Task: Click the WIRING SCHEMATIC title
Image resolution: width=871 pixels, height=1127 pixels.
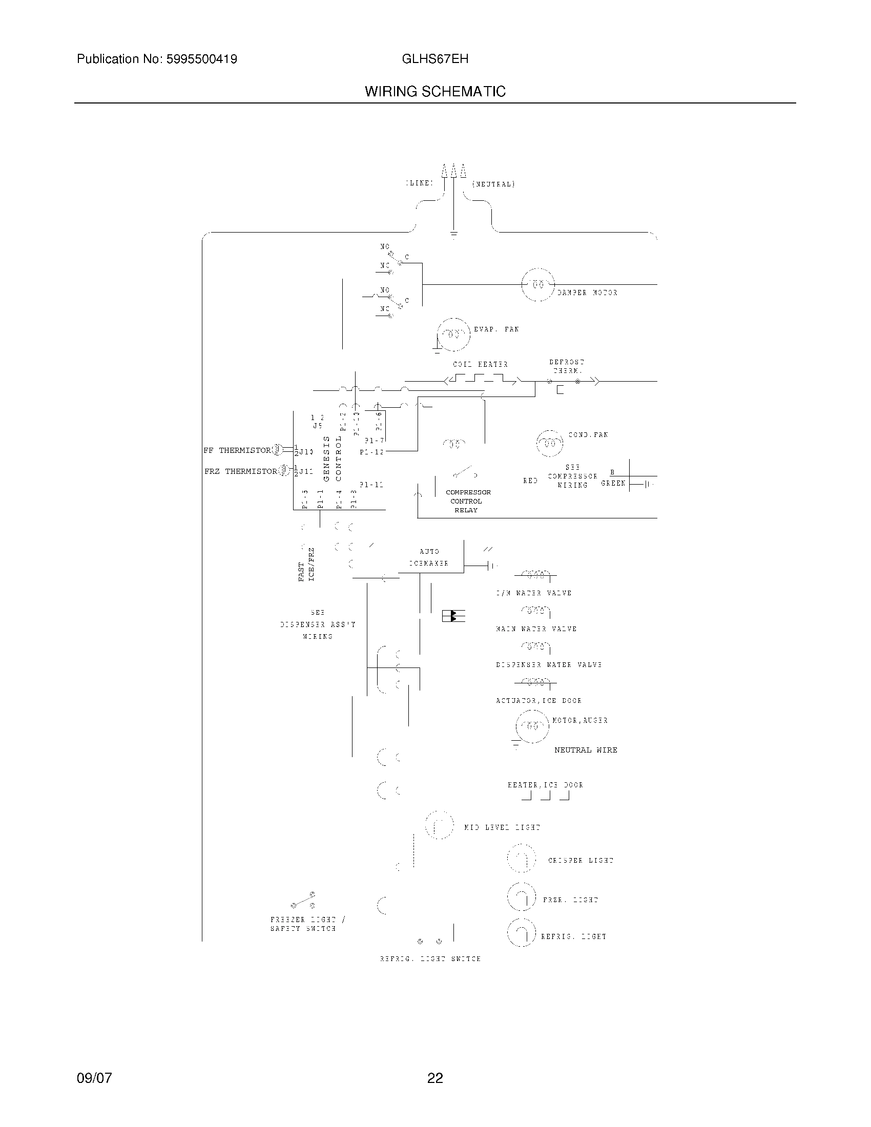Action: [x=435, y=91]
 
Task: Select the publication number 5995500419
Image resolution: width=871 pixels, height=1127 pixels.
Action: [x=201, y=59]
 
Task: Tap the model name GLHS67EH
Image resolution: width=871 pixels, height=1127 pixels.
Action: [x=435, y=59]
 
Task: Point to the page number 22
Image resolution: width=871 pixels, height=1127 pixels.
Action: [x=435, y=1078]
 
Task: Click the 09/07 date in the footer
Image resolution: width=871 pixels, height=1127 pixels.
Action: [x=94, y=1078]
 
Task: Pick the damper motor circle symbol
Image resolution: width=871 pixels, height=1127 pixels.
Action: [x=538, y=284]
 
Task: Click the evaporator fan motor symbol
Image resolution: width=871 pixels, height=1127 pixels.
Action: [x=453, y=335]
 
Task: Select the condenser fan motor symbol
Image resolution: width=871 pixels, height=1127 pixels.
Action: [x=550, y=443]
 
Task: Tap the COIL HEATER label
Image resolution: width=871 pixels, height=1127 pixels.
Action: [x=481, y=364]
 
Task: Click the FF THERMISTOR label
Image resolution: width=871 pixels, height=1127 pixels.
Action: [x=237, y=450]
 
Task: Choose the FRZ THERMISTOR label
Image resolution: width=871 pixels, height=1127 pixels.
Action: [x=240, y=471]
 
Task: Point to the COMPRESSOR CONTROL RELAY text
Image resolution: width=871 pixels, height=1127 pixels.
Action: [x=467, y=501]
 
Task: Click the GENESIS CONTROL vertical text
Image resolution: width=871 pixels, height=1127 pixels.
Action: [x=332, y=458]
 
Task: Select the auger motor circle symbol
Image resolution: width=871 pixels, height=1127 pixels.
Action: [x=532, y=726]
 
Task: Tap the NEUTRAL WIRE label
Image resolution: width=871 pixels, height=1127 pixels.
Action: [x=586, y=750]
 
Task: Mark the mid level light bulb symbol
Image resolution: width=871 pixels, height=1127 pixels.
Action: [x=440, y=825]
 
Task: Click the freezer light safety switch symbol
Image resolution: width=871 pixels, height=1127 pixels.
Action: [x=303, y=901]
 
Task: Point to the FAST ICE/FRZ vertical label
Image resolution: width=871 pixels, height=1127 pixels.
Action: [x=306, y=565]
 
